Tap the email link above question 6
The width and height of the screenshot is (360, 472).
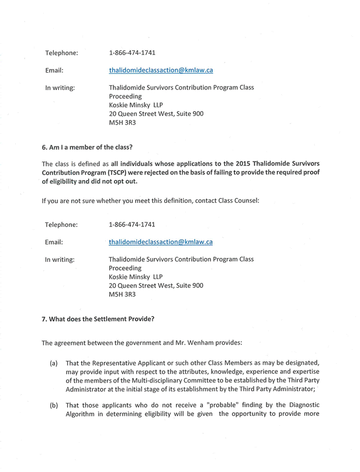[x=161, y=70]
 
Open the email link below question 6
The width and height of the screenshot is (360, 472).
[x=161, y=241]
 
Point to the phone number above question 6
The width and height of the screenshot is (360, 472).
[x=132, y=53]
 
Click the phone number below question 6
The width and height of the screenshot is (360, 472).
[x=132, y=224]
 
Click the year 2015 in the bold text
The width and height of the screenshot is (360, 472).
[x=246, y=164]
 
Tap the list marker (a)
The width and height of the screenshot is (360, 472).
[x=54, y=363]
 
